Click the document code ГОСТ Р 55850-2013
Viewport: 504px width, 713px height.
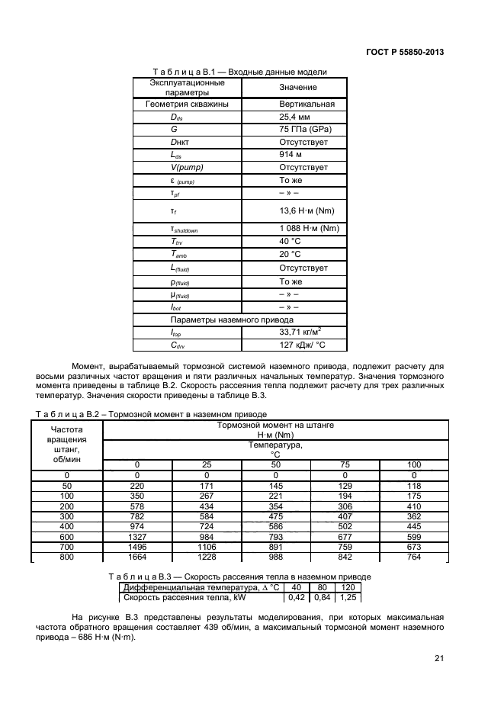[x=405, y=52]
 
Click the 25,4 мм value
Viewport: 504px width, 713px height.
[x=294, y=117]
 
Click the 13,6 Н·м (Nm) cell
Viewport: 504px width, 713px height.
[x=308, y=211]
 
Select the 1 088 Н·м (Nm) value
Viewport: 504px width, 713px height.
[x=309, y=230]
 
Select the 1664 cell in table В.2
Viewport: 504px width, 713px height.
[x=136, y=556]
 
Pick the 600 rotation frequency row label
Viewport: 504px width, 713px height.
[x=66, y=536]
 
